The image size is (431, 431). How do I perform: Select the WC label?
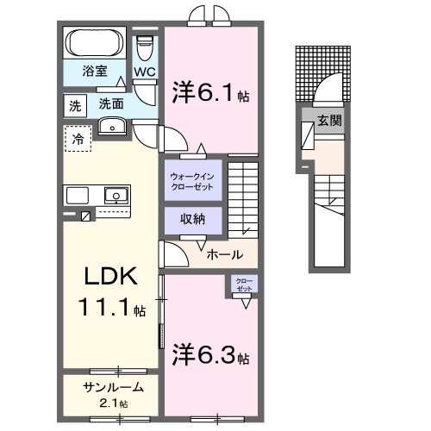(145, 72)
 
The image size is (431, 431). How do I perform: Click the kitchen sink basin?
(114, 194)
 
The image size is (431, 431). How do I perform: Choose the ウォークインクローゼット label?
(191, 181)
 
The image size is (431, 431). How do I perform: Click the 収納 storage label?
(191, 219)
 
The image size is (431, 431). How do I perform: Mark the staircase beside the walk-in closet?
(245, 198)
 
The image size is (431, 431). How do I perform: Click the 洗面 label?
(110, 103)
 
